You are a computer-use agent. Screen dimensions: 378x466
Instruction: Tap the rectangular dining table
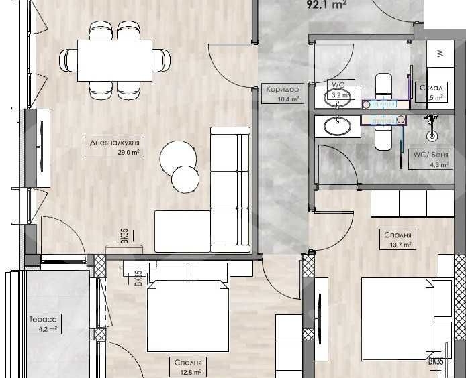[115, 60]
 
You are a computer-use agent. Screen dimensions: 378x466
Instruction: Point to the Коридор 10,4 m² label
[281, 94]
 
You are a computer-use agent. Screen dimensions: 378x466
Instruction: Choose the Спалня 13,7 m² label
[398, 239]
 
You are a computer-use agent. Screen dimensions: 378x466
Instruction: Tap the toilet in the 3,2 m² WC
[383, 86]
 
